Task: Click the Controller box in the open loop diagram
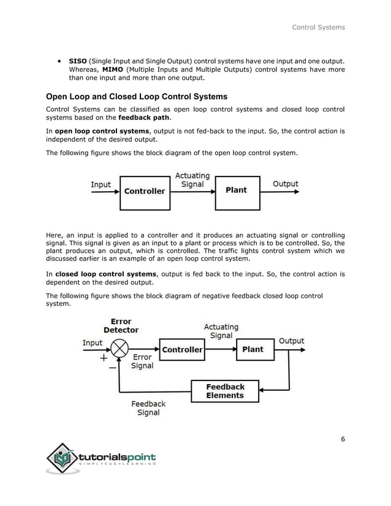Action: (x=145, y=191)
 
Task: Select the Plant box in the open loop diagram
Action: (x=236, y=191)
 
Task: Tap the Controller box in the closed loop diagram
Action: (x=182, y=350)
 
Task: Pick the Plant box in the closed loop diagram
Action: (x=252, y=350)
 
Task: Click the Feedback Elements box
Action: (x=225, y=391)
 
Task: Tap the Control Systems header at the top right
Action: (x=318, y=27)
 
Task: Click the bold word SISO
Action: (x=78, y=61)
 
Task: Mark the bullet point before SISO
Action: (x=58, y=61)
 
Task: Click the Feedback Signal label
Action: (x=148, y=408)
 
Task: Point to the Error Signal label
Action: (x=142, y=361)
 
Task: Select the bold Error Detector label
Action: (x=121, y=325)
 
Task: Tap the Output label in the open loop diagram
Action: (x=285, y=184)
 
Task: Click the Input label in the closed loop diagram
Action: (x=93, y=343)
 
